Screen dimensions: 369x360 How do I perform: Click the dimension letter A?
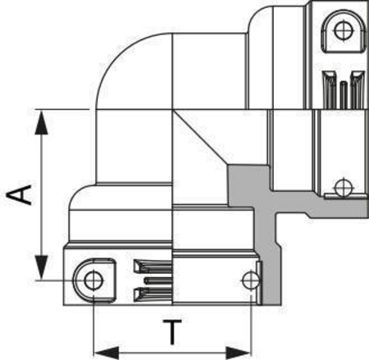(x=19, y=195)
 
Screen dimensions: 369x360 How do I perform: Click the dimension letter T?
(x=172, y=332)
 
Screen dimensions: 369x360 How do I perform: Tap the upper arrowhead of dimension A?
(x=42, y=122)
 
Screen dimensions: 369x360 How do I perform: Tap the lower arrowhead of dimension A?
(x=42, y=267)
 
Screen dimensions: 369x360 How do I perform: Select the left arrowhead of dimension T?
(x=107, y=353)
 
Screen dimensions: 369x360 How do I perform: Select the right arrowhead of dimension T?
(x=238, y=353)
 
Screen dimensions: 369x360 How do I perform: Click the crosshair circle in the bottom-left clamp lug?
(x=93, y=280)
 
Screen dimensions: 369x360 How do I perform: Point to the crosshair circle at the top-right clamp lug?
(x=344, y=30)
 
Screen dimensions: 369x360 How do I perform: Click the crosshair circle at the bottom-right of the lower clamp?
(x=251, y=280)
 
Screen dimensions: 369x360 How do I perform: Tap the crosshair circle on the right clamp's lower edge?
(x=344, y=188)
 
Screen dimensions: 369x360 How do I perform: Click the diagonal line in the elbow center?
(x=201, y=137)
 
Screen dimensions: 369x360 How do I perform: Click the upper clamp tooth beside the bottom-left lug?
(x=153, y=267)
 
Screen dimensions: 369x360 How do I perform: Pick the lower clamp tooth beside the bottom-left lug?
(x=153, y=295)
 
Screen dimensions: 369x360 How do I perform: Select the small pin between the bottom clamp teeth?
(x=158, y=280)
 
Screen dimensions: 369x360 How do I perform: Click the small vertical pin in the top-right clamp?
(x=344, y=95)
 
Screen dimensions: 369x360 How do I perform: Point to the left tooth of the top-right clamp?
(x=330, y=90)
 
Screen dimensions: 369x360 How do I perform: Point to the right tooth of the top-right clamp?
(x=358, y=90)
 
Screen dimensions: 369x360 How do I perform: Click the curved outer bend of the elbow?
(x=117, y=55)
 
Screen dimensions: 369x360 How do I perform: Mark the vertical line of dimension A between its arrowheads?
(x=42, y=194)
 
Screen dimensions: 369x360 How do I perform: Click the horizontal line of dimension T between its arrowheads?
(x=172, y=353)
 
